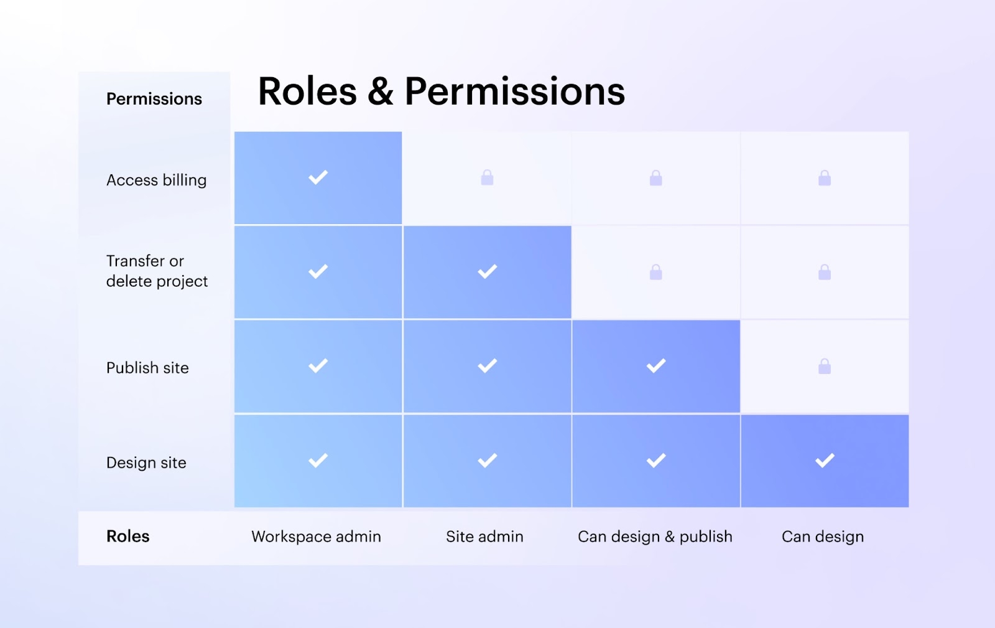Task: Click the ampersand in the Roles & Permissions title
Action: [x=381, y=91]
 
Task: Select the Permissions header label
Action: [x=154, y=99]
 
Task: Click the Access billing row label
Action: [x=156, y=180]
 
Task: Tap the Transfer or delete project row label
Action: [x=157, y=271]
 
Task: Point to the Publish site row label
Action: [x=147, y=368]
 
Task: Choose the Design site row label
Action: [x=146, y=462]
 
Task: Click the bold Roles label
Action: [x=128, y=536]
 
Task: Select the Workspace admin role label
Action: [x=317, y=537]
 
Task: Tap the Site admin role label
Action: [x=484, y=537]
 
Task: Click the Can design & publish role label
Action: [x=655, y=537]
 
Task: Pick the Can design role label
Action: [x=823, y=537]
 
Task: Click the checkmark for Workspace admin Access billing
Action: [x=318, y=177]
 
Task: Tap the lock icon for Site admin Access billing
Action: [x=488, y=177]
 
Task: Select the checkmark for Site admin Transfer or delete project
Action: [x=488, y=271]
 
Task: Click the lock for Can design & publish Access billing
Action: [x=656, y=178]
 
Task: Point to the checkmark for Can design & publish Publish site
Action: [x=656, y=366]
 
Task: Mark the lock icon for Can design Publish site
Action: [x=825, y=366]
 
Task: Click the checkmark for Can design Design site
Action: [x=825, y=461]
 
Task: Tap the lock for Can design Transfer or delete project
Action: [x=825, y=272]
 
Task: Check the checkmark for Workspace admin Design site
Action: [x=318, y=461]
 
